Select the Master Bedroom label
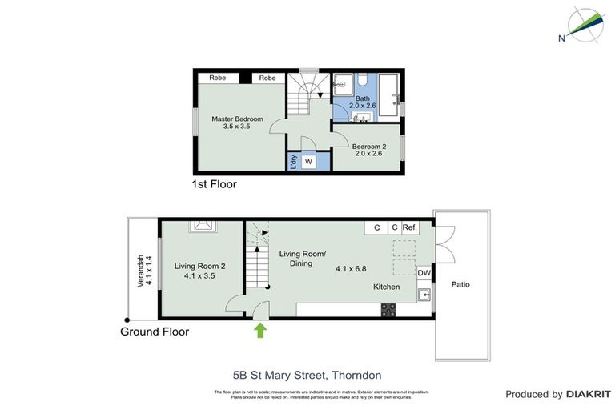coord(237,119)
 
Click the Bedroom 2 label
coord(368,147)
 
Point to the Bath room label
coord(363,99)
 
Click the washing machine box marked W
coord(308,162)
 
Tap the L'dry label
coord(294,161)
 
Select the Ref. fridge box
coord(411,227)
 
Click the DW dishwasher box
coord(424,273)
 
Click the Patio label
coord(460,283)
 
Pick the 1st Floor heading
coord(214,184)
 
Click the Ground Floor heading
coord(155,331)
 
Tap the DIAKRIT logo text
coord(589,394)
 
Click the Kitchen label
coord(386,287)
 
